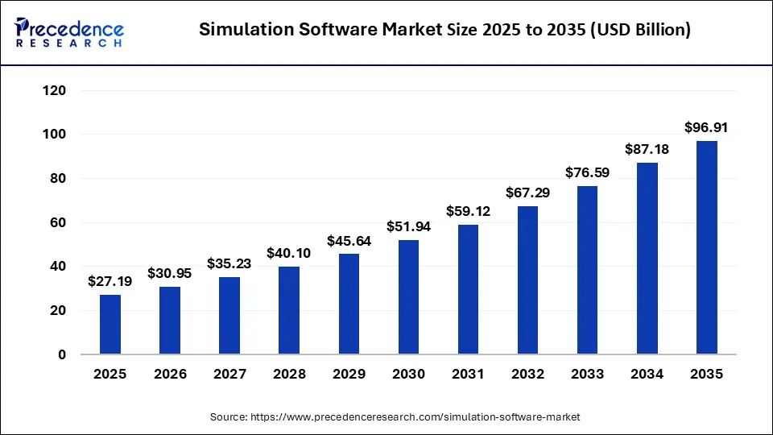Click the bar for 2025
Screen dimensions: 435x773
point(110,325)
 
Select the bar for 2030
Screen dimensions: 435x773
point(408,297)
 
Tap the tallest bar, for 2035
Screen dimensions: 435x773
point(707,247)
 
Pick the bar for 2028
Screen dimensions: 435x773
point(289,310)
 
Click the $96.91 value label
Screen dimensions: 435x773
point(707,127)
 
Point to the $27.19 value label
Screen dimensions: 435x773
point(110,281)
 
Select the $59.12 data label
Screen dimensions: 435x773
point(468,211)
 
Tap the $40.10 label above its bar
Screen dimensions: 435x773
point(289,253)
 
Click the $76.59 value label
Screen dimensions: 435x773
point(588,172)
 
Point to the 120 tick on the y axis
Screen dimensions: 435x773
point(55,90)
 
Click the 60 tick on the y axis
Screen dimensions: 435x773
point(58,222)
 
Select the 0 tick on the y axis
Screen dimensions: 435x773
point(62,354)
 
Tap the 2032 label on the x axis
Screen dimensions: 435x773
point(527,375)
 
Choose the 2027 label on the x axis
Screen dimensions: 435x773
point(229,375)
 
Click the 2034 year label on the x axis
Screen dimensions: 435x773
point(647,375)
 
